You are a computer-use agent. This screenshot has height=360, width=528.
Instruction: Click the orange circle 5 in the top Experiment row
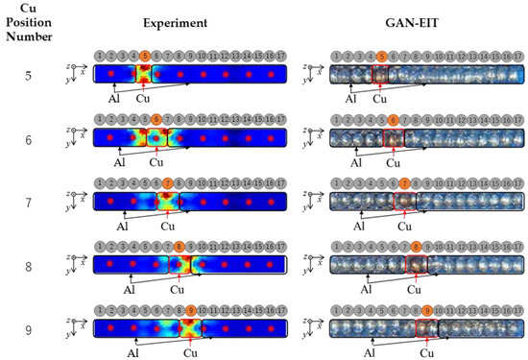(144, 57)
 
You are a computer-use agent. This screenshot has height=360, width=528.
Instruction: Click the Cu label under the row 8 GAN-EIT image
(413, 288)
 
